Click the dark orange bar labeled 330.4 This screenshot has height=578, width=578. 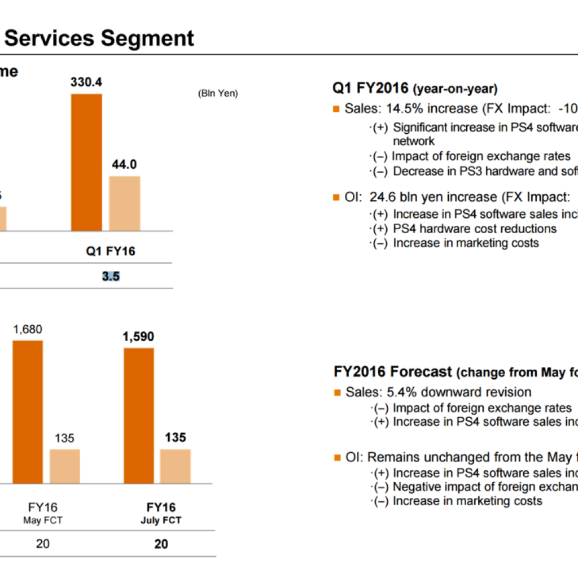[86, 162]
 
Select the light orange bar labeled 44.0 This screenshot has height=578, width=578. [125, 203]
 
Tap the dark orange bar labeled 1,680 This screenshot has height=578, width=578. [28, 411]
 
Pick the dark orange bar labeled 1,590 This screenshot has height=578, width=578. [139, 415]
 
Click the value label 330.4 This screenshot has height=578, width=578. [86, 82]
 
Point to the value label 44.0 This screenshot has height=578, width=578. [125, 165]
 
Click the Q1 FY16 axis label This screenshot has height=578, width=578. [111, 251]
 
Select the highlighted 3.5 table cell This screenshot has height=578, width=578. [111, 277]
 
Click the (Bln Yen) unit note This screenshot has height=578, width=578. [218, 94]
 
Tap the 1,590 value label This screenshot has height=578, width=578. [138, 337]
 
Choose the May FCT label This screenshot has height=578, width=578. [43, 520]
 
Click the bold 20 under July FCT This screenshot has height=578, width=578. [161, 544]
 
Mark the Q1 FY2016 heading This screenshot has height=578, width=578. [415, 89]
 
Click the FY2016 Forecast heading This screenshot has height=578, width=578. [393, 372]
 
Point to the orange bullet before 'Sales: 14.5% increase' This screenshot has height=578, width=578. [337, 109]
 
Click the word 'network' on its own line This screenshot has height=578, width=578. [414, 141]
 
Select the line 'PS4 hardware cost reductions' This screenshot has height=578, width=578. [475, 229]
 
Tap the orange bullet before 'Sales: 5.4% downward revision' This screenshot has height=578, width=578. [338, 392]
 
